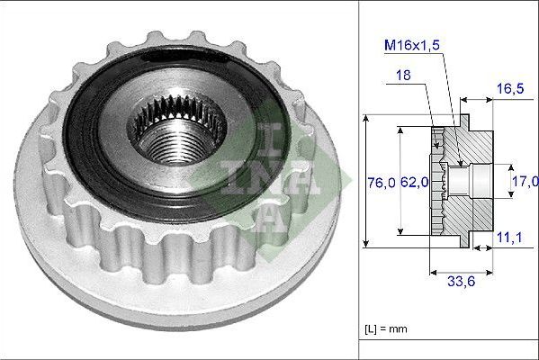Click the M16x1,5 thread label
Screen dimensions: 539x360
coord(412,45)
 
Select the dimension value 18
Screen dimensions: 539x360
coord(403,75)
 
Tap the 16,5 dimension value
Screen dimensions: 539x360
coord(510,89)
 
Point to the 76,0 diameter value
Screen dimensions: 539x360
coord(382,182)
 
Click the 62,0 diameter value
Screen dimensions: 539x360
coord(415,182)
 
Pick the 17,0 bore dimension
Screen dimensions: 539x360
coord(526,181)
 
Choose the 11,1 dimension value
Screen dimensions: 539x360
coord(509,238)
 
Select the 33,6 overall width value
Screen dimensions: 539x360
coord(461,282)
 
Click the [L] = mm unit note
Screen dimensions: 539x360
coord(386,329)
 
